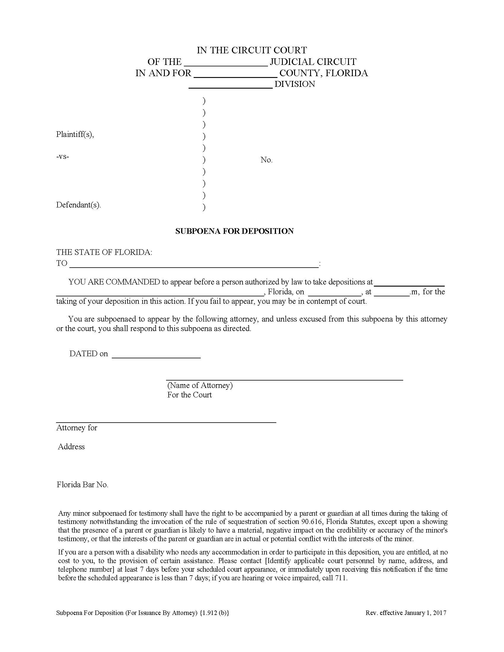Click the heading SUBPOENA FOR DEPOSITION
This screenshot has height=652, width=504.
235,231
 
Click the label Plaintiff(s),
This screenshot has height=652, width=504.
75,134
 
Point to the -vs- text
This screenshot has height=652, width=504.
62,156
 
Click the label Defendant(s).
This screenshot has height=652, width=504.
78,205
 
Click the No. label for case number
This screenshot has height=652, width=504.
266,160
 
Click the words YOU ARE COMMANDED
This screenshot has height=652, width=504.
114,282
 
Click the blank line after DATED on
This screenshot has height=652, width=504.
156,355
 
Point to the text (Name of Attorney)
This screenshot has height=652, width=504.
200,385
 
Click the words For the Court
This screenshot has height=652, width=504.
189,395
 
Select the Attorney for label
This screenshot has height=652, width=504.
77,427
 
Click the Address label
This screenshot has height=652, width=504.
71,447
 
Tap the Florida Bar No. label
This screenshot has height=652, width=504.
82,485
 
